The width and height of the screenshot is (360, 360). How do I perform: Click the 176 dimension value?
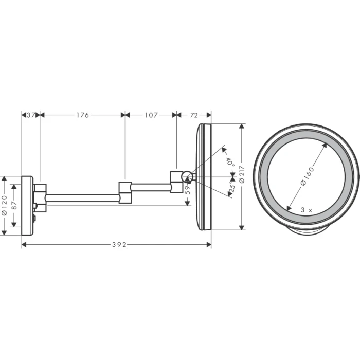point(82,115)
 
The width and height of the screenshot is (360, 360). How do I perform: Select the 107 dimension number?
point(151,115)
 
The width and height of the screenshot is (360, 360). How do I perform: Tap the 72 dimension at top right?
point(194,115)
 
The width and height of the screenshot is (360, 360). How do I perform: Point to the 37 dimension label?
point(30,115)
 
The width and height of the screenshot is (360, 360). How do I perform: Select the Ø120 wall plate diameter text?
point(4,205)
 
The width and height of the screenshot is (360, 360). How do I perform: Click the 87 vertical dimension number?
point(14,204)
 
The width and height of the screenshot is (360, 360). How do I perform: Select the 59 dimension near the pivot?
point(187,191)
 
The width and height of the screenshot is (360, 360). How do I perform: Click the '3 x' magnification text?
point(307,210)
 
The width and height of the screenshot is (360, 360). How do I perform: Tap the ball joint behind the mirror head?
point(188,178)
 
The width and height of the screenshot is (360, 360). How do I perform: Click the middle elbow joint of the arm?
point(125,192)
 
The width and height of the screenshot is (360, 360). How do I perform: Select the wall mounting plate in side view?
point(27,205)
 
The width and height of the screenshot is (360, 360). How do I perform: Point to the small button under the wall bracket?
point(34,219)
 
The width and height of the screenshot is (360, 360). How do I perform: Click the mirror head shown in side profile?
point(203,177)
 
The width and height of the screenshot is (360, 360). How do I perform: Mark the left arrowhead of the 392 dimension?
point(24,245)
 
